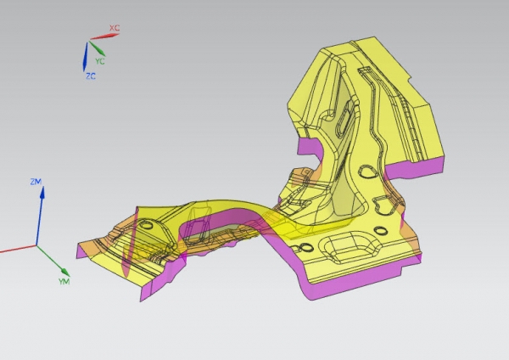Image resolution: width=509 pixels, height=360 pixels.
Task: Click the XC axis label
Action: (115, 28)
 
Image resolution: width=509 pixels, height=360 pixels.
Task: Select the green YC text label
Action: (100, 61)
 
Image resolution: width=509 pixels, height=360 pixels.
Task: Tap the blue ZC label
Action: (91, 76)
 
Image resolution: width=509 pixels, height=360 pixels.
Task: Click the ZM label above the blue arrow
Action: (36, 182)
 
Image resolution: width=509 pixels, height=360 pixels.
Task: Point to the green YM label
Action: (64, 281)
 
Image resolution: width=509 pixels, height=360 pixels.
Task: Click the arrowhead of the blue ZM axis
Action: (42, 192)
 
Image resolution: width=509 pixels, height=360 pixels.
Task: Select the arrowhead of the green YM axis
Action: (65, 272)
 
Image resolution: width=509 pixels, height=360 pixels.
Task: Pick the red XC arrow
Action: (104, 37)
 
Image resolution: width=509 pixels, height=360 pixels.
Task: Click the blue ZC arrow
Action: (86, 57)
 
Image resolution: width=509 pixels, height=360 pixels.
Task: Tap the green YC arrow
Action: (97, 48)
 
